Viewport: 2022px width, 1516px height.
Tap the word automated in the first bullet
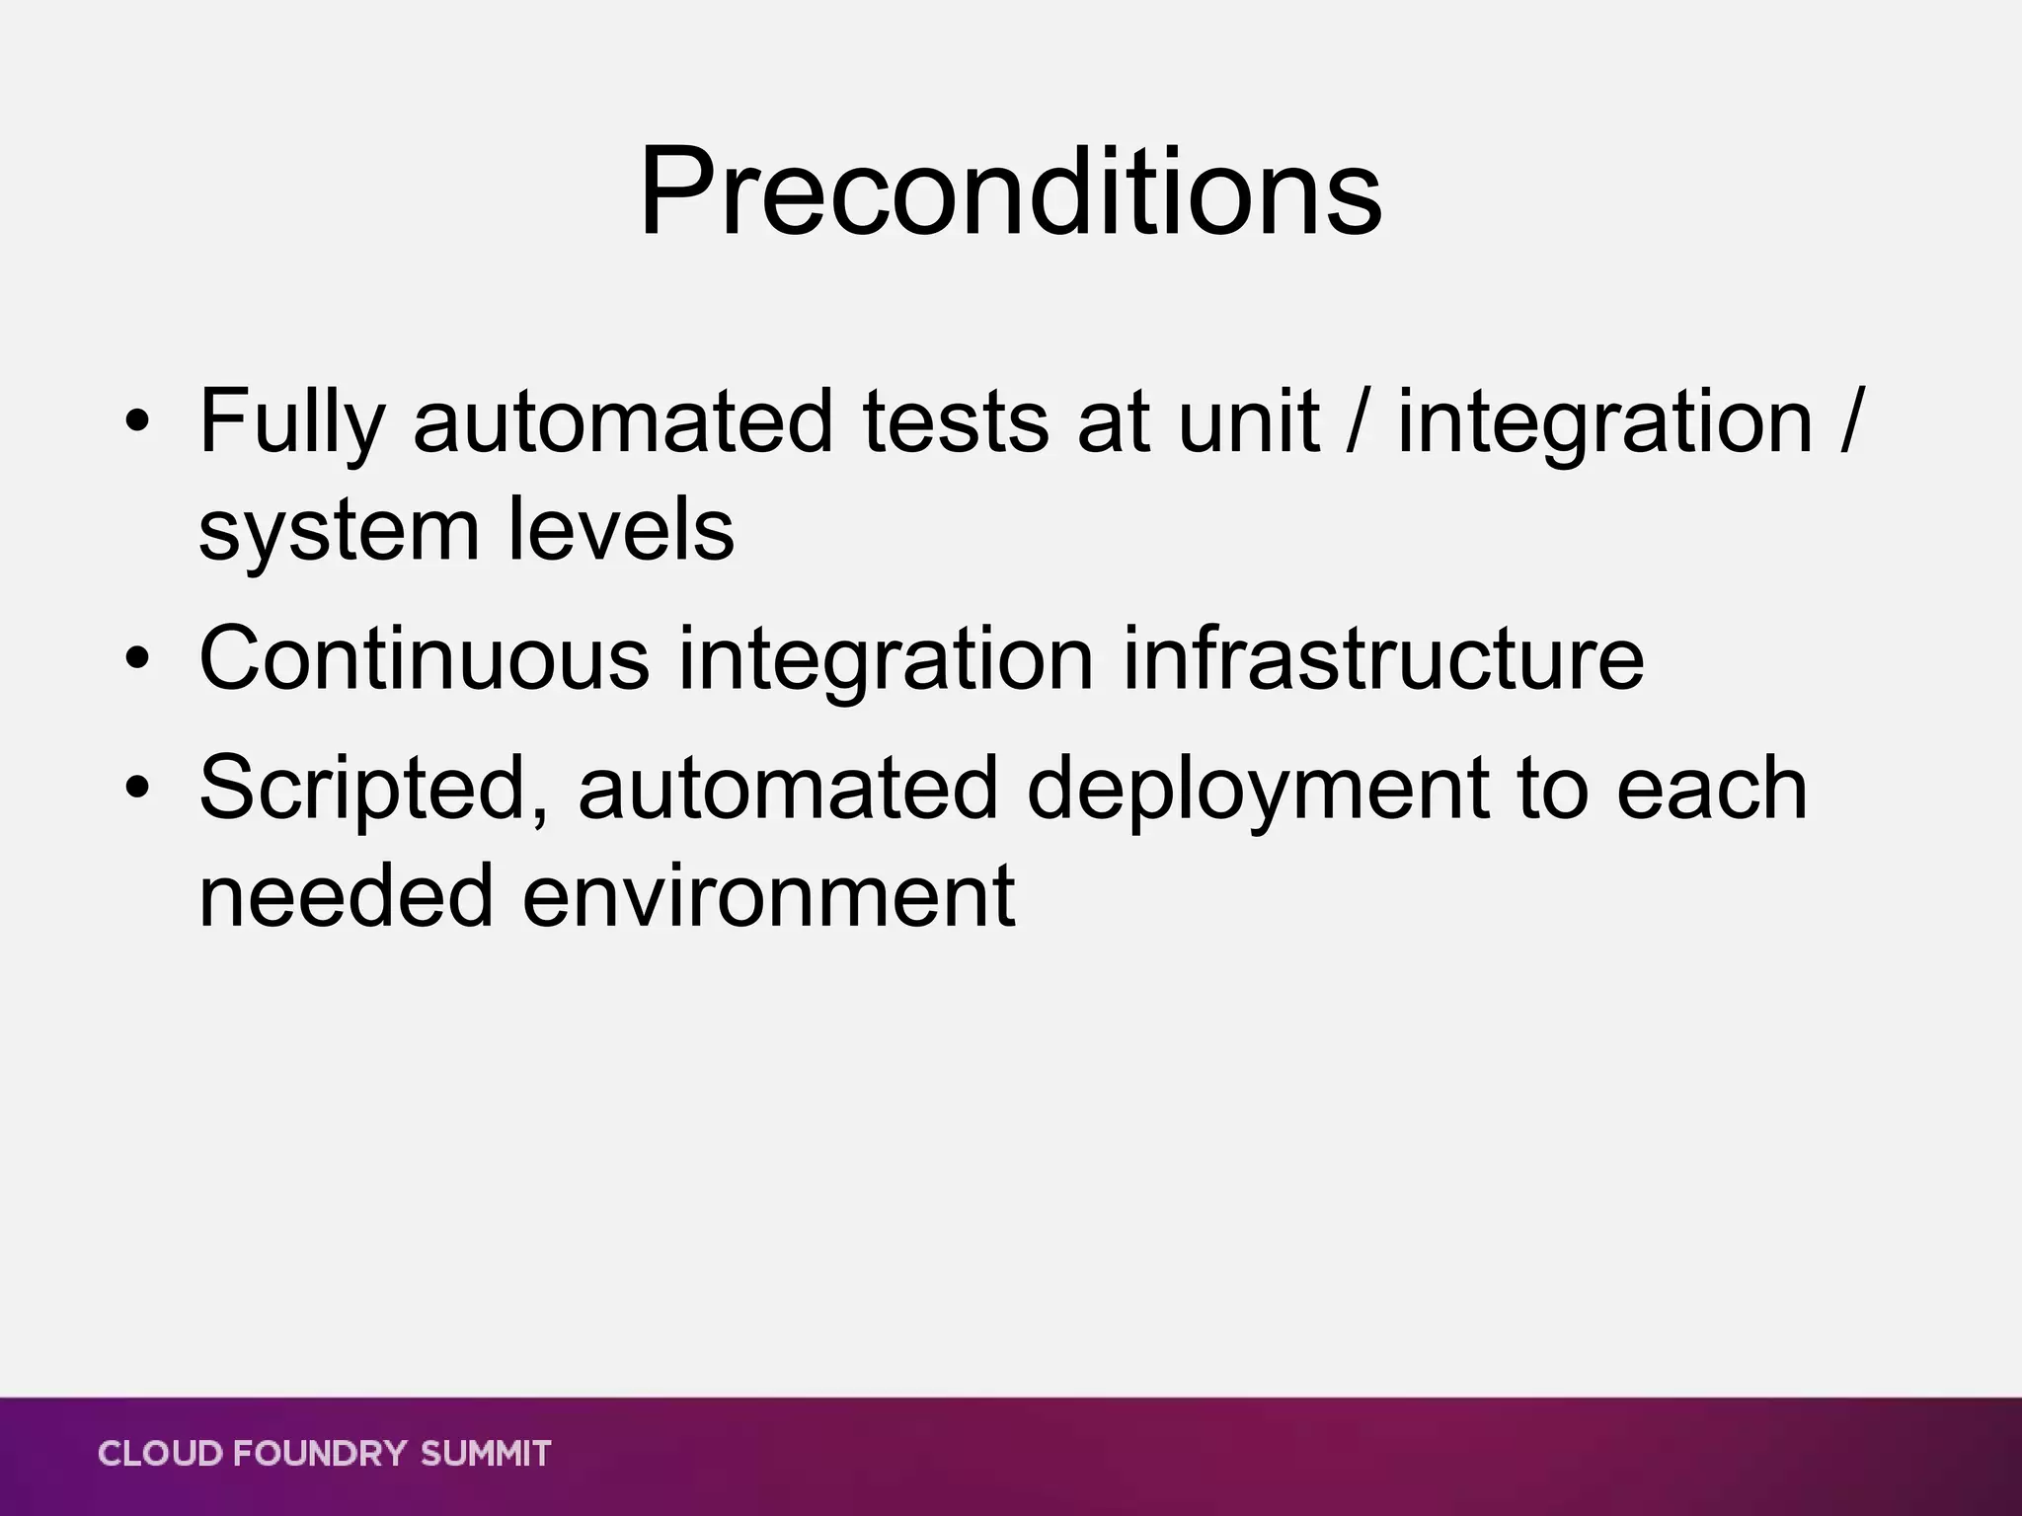click(x=623, y=422)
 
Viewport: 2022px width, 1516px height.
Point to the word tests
click(x=955, y=422)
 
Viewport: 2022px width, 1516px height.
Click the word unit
click(x=1249, y=422)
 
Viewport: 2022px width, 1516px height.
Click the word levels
click(x=621, y=530)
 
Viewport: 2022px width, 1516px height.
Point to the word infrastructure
click(x=1383, y=658)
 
